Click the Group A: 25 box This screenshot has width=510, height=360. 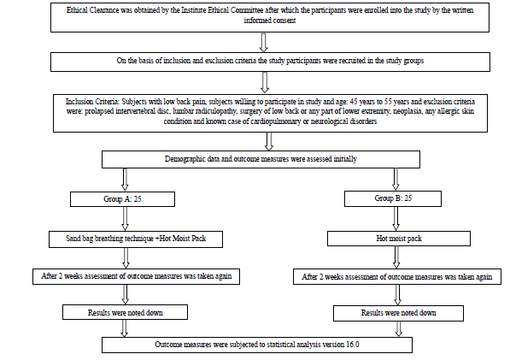(122, 199)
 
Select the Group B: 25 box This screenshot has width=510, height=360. (393, 198)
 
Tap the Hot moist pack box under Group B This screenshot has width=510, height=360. (399, 239)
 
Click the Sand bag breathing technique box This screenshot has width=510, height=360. (136, 239)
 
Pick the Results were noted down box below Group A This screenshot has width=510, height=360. (126, 312)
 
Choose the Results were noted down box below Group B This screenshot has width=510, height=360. (398, 313)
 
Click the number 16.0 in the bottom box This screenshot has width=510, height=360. (353, 345)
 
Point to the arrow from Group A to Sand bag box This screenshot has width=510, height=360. (125, 219)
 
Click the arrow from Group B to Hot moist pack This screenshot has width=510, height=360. (396, 219)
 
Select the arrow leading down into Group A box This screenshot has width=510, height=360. (125, 180)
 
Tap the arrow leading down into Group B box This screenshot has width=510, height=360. (396, 179)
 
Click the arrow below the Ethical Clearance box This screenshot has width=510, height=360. (263, 42)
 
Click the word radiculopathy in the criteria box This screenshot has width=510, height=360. (216, 111)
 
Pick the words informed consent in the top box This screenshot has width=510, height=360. (270, 21)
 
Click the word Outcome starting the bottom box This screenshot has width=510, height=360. (167, 345)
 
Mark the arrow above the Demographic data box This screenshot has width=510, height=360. (268, 141)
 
